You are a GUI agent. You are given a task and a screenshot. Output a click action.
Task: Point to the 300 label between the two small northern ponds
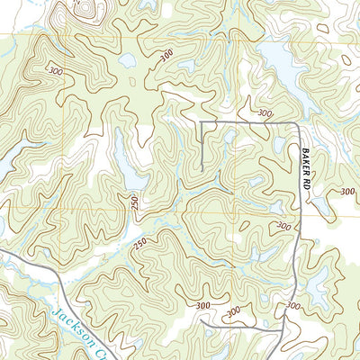165,57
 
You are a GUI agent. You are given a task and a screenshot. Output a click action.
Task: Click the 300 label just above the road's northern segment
263,113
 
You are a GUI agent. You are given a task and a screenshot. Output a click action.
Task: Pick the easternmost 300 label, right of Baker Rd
348,191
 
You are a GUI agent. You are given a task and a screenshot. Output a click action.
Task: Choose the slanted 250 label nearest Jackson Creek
139,244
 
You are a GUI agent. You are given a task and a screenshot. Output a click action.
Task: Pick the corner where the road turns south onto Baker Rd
297,123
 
